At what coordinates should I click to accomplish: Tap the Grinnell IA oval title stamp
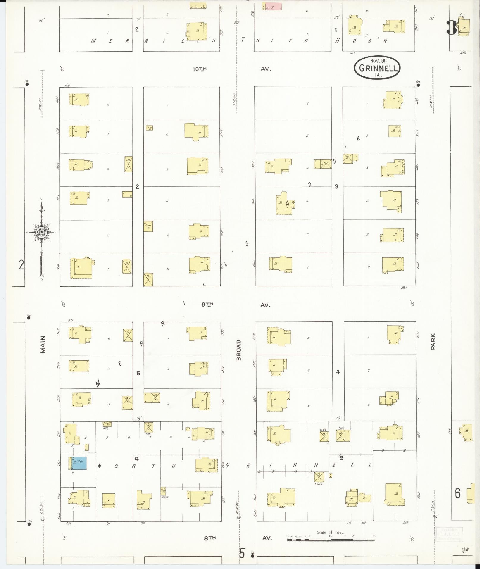pyautogui.click(x=377, y=68)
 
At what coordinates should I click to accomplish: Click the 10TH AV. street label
pyautogui.click(x=232, y=69)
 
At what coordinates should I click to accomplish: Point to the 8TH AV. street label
pyautogui.click(x=237, y=538)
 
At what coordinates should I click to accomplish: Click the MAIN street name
pyautogui.click(x=43, y=344)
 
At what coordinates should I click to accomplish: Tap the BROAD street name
pyautogui.click(x=239, y=350)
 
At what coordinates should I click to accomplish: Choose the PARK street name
pyautogui.click(x=433, y=341)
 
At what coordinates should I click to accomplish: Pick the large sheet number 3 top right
pyautogui.click(x=451, y=28)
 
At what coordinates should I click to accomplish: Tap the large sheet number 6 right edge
pyautogui.click(x=458, y=493)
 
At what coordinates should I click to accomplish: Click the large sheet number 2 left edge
pyautogui.click(x=21, y=264)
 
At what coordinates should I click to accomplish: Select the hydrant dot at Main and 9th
pyautogui.click(x=29, y=318)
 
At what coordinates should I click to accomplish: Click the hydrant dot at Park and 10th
pyautogui.click(x=418, y=85)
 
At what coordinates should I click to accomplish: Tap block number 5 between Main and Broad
pyautogui.click(x=138, y=373)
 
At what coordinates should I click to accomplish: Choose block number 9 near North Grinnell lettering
pyautogui.click(x=342, y=458)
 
